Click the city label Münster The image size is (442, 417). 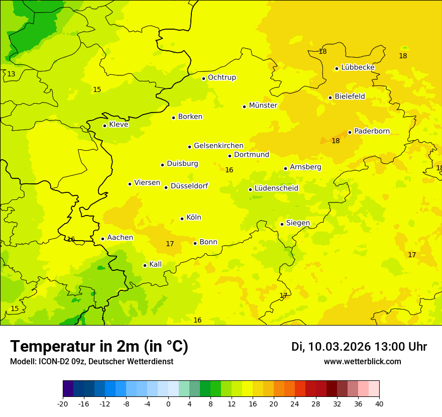click(x=263, y=106)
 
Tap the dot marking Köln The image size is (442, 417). click(x=182, y=219)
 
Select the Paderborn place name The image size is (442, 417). click(x=372, y=131)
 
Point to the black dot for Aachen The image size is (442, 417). click(x=102, y=239)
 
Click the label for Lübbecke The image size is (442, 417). click(x=358, y=67)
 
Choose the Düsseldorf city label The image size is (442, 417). click(x=189, y=186)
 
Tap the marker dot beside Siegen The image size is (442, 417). click(x=282, y=224)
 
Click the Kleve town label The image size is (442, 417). click(x=119, y=125)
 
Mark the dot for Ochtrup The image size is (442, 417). click(x=203, y=78)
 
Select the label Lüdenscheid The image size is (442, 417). click(x=276, y=188)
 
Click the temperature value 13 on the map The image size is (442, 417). click(x=11, y=74)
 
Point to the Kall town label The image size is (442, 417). click(x=155, y=264)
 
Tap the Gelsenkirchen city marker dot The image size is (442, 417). click(x=189, y=147)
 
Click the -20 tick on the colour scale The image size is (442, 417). click(x=63, y=403)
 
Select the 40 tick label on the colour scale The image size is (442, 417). click(x=379, y=403)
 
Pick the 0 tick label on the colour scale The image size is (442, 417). click(x=168, y=403)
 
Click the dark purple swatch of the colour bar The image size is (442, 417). click(x=68, y=389)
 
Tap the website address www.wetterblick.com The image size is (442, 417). click(x=362, y=361)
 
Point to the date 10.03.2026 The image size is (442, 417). click(x=339, y=347)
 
